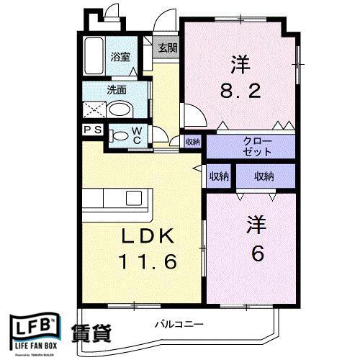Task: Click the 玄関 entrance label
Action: tap(168, 49)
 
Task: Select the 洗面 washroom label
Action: tap(117, 90)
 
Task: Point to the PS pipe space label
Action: tap(92, 130)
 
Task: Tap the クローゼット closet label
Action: tap(257, 146)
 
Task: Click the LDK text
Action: tap(148, 237)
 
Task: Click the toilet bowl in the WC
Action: tap(120, 135)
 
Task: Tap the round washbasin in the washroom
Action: tap(122, 110)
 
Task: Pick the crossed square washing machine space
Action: tap(94, 110)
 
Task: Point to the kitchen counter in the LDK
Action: tap(116, 199)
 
